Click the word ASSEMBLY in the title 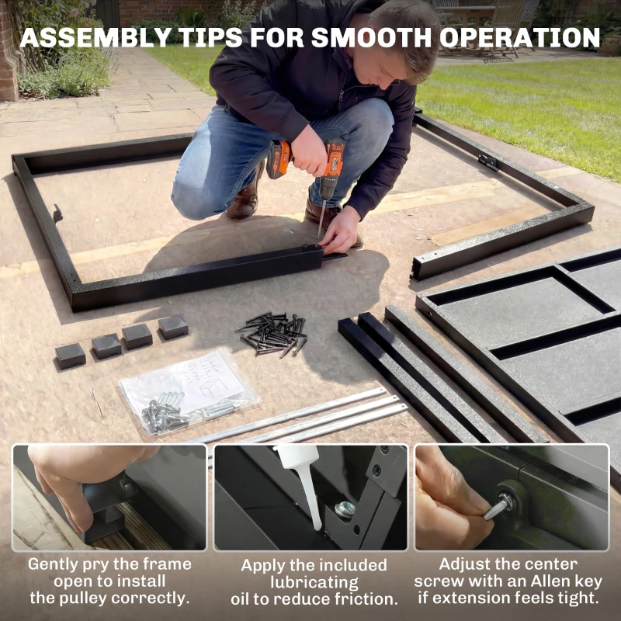[x=95, y=38]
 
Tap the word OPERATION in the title [x=519, y=38]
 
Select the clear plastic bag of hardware [x=188, y=392]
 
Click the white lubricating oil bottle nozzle [x=305, y=483]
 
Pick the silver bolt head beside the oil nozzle [x=345, y=508]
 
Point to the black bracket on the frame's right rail [x=488, y=161]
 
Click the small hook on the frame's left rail [x=57, y=214]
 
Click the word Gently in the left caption [x=52, y=565]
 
